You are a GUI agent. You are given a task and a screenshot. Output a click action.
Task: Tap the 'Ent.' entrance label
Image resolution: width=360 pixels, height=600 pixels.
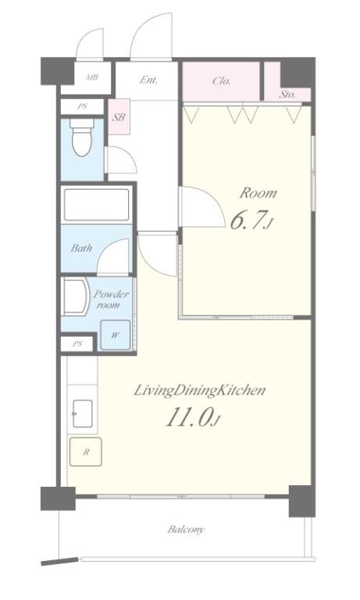[x=148, y=80]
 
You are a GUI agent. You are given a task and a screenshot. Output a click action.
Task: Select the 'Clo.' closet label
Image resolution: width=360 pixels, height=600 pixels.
[x=222, y=80]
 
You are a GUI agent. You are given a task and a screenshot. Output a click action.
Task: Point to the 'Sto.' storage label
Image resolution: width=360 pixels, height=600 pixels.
[x=287, y=94]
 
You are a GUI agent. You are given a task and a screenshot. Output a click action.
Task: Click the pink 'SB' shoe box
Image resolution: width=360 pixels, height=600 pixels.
[x=119, y=116]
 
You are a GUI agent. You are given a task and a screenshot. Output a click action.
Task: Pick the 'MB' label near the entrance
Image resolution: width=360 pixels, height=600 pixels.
[x=92, y=77]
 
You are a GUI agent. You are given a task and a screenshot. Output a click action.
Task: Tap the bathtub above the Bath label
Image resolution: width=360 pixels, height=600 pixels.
[x=96, y=205]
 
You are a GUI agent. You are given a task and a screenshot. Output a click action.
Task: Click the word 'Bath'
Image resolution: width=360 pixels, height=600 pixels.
[x=81, y=248]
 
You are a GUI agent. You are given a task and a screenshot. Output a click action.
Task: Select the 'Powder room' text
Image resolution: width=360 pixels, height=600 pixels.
[x=111, y=299]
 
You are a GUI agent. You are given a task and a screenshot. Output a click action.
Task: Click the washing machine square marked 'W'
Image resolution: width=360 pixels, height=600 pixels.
[x=115, y=335]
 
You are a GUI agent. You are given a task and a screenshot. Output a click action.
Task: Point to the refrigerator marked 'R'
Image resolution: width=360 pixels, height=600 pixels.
[x=86, y=452]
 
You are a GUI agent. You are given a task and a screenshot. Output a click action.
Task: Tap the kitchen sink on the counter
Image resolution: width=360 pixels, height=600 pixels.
[x=82, y=413]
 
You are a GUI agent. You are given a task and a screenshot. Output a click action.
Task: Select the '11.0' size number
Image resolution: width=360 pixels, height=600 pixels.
[x=189, y=416]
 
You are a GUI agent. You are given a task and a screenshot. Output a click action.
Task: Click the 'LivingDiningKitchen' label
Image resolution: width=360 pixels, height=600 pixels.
[x=199, y=391]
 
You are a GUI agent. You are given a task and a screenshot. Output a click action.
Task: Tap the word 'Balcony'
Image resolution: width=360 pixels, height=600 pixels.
[x=186, y=530]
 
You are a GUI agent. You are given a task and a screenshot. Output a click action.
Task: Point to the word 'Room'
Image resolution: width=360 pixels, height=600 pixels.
[x=258, y=193]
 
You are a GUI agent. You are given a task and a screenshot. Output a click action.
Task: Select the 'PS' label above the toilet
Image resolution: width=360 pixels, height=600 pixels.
[x=82, y=106]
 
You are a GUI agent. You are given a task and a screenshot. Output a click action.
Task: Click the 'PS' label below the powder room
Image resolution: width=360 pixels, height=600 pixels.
[x=77, y=344]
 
